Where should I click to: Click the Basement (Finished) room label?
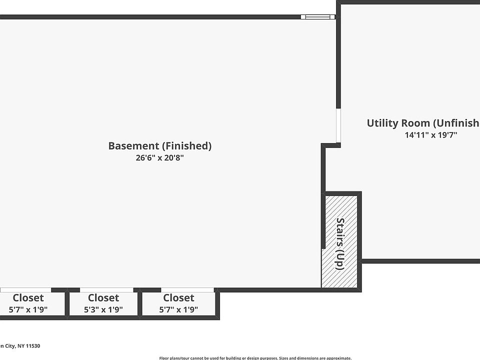coord(160,146)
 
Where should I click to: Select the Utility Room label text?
coord(423,123)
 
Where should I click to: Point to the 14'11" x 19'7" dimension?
coord(431,134)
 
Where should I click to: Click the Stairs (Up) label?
coord(340,244)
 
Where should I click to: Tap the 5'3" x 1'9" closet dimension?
coord(103,309)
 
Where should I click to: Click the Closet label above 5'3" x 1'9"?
coord(103,298)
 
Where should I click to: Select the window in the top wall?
coord(318,17)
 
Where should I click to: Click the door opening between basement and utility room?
coord(338,126)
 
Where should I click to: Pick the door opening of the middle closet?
coord(106,289)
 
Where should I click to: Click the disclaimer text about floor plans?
coord(255,357)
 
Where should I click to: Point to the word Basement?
coord(133,146)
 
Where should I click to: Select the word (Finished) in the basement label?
coord(186,146)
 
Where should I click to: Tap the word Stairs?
coord(340,233)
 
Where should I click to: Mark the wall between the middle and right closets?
coord(140,303)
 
